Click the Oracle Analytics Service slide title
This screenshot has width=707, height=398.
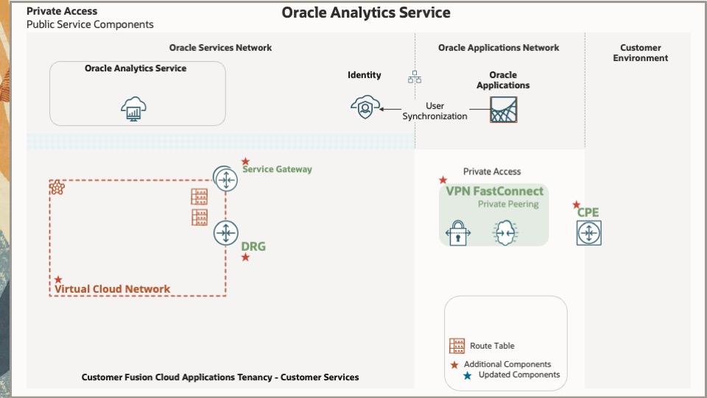366,13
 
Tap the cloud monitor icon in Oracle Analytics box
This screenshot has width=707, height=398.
134,109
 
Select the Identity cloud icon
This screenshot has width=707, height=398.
365,107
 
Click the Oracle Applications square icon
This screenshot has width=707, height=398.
504,109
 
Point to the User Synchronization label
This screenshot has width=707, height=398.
435,111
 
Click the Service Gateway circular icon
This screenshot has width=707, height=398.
225,177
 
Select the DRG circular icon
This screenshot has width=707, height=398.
225,233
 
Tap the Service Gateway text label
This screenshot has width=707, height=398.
277,169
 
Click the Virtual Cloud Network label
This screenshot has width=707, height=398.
112,289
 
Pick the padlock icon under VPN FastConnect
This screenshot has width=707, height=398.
458,233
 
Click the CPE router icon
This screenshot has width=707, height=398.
588,233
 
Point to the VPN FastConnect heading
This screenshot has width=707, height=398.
494,191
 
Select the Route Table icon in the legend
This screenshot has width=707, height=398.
457,346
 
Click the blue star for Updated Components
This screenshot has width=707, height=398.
467,375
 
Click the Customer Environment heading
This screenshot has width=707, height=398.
640,53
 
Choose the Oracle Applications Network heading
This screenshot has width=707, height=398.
499,48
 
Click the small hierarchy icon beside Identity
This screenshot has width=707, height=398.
414,76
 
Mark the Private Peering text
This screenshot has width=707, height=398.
508,205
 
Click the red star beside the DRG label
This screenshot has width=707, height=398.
245,257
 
